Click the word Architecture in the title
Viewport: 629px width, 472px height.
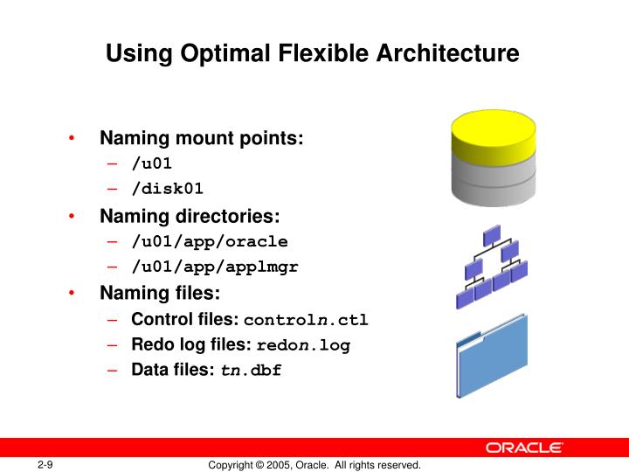(x=446, y=54)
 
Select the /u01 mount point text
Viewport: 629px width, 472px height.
(x=152, y=163)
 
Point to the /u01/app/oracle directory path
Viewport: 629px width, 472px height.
(x=210, y=241)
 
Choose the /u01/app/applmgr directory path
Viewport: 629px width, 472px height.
(x=215, y=267)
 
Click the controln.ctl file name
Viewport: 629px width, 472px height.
(x=306, y=320)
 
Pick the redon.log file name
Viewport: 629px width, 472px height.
(x=302, y=345)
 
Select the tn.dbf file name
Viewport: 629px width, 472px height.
(x=251, y=370)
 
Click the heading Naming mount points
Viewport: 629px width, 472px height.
(x=202, y=138)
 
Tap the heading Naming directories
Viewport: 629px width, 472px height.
(x=190, y=216)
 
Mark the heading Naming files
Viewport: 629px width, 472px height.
(x=160, y=293)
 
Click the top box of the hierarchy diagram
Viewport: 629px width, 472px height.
(x=491, y=234)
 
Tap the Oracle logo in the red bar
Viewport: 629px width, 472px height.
(x=524, y=447)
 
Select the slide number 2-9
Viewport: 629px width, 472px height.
(x=45, y=464)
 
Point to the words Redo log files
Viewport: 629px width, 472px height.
(x=191, y=344)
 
